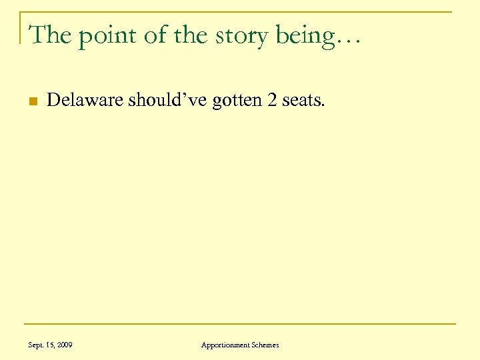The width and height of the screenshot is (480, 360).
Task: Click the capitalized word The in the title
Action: (51, 34)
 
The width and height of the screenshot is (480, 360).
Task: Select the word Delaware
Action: (85, 101)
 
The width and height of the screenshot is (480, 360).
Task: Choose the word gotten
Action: (236, 101)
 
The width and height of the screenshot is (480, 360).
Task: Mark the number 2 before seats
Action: (271, 101)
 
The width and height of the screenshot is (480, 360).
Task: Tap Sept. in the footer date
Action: (37, 345)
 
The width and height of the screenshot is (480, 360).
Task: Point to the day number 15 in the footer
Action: (51, 345)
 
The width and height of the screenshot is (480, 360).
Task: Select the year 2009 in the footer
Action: (65, 345)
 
